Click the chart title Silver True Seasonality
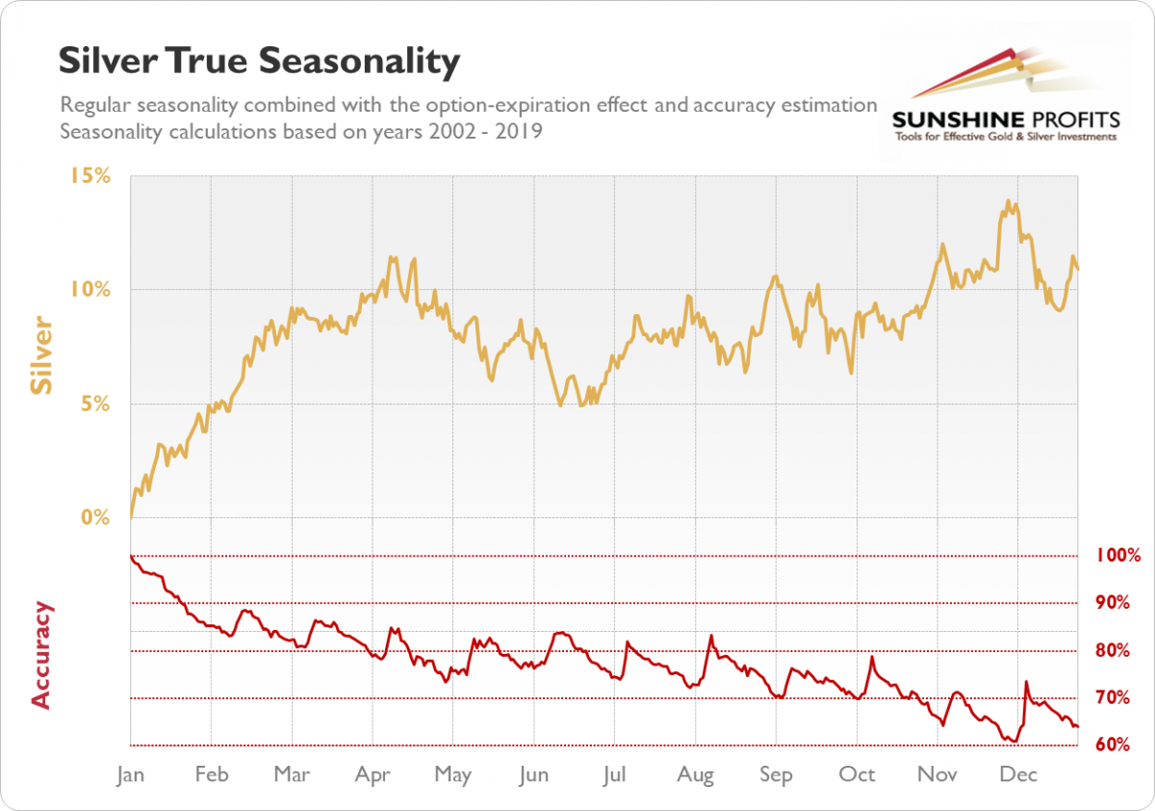(259, 61)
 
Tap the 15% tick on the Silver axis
(90, 176)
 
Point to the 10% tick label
(90, 290)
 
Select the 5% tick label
(95, 405)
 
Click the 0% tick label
(95, 518)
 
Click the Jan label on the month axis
(130, 774)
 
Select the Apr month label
(372, 774)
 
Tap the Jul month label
(615, 774)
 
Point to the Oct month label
(857, 774)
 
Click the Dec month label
(1018, 774)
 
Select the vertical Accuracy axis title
(41, 655)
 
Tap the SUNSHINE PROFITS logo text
(1006, 119)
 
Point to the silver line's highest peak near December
(1008, 201)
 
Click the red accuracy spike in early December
(1026, 682)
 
